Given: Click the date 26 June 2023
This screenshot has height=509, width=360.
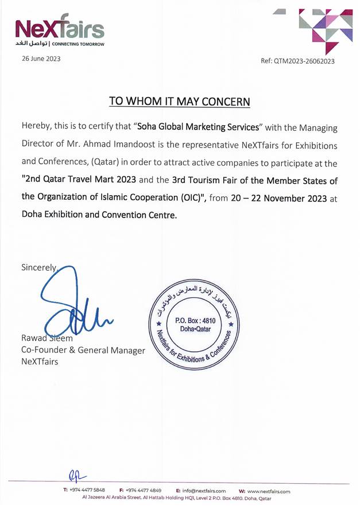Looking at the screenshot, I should point(41,59).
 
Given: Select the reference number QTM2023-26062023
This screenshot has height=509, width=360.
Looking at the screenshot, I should point(305,61).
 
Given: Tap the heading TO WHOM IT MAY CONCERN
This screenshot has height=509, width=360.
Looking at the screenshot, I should point(180,102).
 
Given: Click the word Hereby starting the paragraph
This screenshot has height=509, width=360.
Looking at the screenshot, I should point(37,126).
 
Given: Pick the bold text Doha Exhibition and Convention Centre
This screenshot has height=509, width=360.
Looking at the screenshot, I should point(99,216).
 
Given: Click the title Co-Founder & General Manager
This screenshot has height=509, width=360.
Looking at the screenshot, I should point(83,350).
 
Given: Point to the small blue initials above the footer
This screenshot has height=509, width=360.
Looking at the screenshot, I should point(76,475).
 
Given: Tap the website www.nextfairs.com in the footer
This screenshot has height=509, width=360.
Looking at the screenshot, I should point(268,491).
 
